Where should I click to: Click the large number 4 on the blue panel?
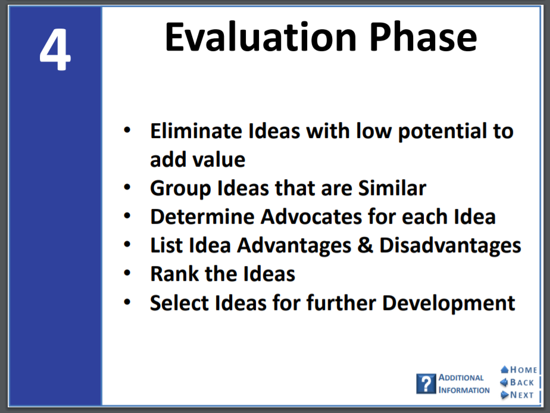[55, 49]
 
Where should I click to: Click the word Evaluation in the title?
[261, 37]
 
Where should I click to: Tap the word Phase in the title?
[423, 37]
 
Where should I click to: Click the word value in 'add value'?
[219, 160]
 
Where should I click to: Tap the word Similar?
[392, 188]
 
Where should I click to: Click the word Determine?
[202, 217]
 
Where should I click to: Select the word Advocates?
[311, 217]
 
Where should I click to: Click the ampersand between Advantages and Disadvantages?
[365, 245]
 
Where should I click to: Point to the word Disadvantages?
[451, 246]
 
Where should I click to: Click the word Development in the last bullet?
[449, 304]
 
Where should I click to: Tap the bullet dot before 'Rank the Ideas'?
[127, 273]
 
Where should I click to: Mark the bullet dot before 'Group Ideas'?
[127, 187]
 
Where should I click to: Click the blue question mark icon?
[426, 384]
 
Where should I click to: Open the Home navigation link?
[519, 370]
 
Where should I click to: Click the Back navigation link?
[517, 383]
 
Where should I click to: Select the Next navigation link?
[517, 395]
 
